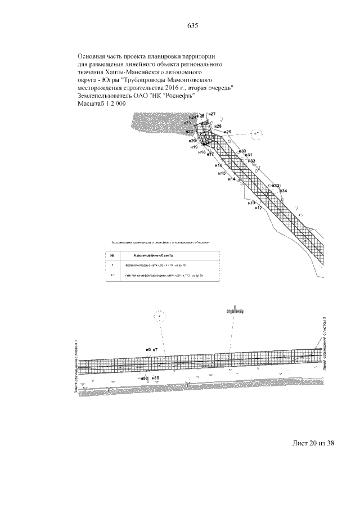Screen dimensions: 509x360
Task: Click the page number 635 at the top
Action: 192,26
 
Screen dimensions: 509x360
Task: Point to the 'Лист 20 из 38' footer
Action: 313,443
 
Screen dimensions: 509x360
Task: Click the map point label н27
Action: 212,115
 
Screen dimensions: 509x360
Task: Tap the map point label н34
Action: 283,191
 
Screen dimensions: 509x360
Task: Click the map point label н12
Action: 258,208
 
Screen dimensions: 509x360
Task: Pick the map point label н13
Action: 251,202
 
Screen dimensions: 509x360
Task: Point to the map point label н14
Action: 231,179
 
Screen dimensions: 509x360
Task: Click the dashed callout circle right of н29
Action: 256,134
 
